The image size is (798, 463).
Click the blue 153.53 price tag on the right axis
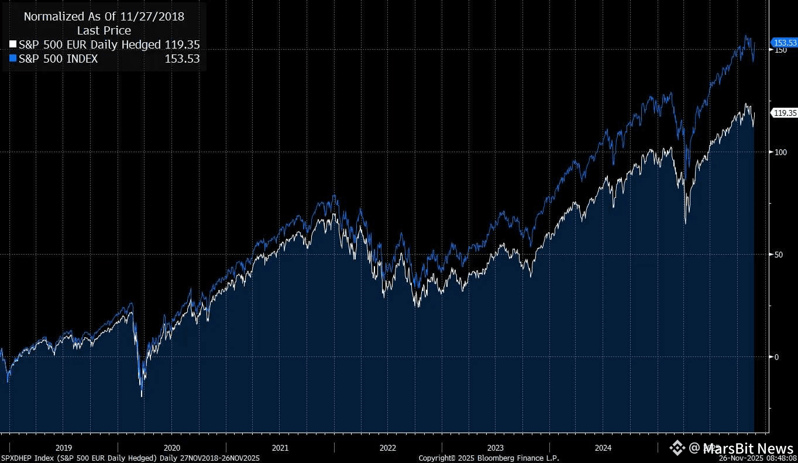785,43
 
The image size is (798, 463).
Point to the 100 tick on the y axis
779,152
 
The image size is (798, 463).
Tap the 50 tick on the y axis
778,255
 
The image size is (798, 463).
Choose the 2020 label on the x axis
172,448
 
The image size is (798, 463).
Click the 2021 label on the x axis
280,448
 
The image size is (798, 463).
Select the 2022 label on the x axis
387,448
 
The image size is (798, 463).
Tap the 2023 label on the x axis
495,448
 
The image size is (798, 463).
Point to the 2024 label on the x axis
603,448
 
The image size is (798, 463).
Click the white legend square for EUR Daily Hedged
13,44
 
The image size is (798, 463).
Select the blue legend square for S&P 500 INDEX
13,59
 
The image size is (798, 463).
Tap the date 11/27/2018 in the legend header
153,17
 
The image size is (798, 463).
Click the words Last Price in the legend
104,30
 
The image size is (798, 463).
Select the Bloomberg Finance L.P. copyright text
489,458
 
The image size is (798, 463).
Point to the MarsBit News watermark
731,448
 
